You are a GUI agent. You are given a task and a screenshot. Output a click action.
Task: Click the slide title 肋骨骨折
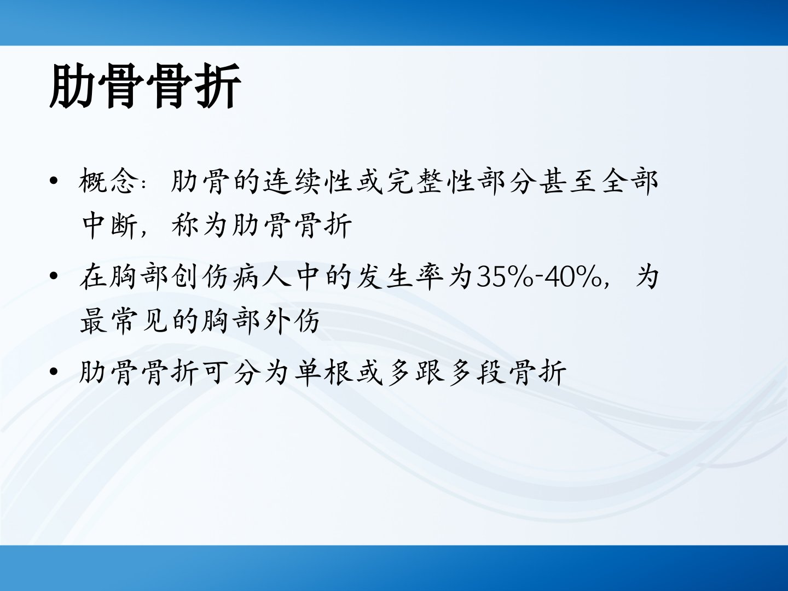click(145, 85)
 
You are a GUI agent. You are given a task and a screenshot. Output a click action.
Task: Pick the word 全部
click(629, 181)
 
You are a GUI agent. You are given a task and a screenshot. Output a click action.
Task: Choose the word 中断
click(110, 225)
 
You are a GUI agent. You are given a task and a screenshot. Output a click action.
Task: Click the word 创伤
click(199, 277)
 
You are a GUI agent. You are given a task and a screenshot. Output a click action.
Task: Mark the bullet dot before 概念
click(54, 181)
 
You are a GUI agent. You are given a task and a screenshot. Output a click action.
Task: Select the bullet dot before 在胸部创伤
click(54, 277)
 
